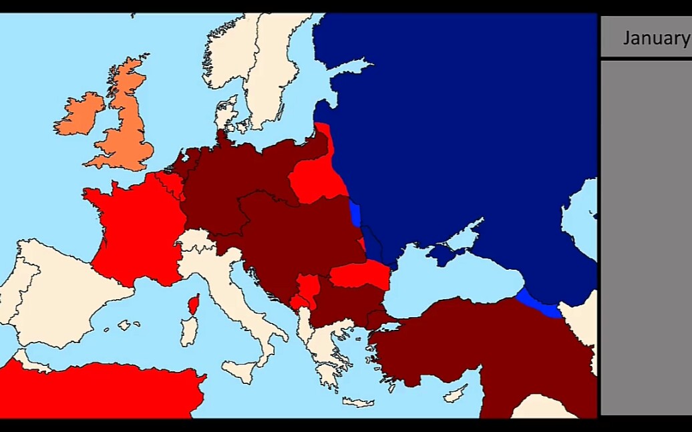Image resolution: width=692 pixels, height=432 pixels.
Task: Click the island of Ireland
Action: pos(79,114)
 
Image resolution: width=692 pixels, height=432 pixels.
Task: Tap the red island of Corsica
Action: pos(194,304)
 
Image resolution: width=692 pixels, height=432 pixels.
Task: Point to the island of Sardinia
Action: pos(189,331)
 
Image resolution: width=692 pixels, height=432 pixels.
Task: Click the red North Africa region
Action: pos(100,391)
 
